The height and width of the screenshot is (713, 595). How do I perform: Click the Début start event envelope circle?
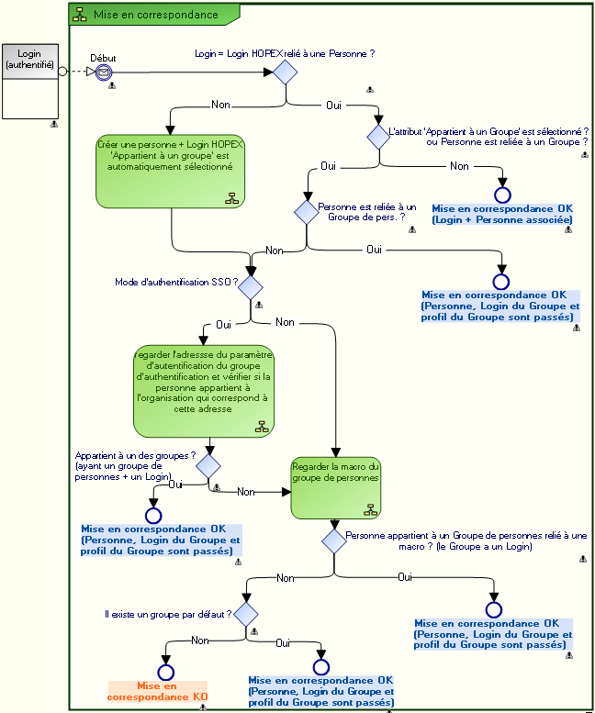click(x=103, y=72)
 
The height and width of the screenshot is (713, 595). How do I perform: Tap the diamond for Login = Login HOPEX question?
click(x=286, y=72)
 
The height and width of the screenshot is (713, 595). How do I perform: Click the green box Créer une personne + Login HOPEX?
click(x=170, y=172)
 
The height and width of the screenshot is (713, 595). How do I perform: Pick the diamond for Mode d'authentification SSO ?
click(x=251, y=285)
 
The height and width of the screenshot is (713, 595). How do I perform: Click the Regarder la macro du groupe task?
click(x=335, y=487)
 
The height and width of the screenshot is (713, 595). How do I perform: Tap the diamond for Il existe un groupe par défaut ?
click(x=245, y=613)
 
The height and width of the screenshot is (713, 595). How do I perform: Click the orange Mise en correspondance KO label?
click(x=157, y=691)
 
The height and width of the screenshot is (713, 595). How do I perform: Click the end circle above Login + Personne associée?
click(x=501, y=195)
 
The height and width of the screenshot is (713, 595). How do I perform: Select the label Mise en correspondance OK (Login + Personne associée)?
click(x=502, y=214)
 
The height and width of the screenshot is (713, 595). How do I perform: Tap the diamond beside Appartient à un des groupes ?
click(x=208, y=465)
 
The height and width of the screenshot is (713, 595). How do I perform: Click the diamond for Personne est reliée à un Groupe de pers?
click(x=306, y=211)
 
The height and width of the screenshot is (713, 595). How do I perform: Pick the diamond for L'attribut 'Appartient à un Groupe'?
click(x=378, y=138)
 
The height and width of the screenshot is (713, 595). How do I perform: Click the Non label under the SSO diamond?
click(x=285, y=322)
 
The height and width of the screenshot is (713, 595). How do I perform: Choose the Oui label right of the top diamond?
click(x=335, y=106)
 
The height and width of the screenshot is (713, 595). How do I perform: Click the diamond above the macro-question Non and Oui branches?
click(x=333, y=539)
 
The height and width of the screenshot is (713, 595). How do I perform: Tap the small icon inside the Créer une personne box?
click(x=231, y=198)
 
